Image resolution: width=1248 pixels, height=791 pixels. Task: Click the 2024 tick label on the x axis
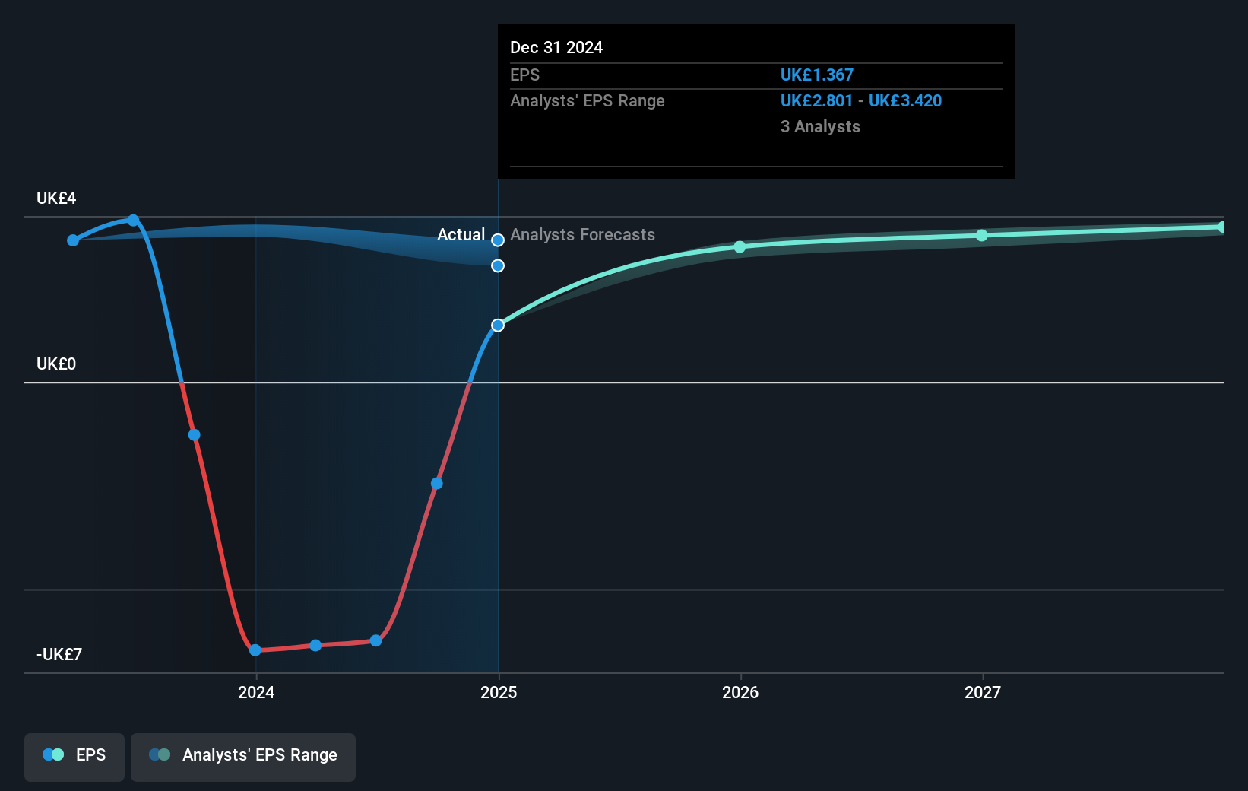pyautogui.click(x=256, y=692)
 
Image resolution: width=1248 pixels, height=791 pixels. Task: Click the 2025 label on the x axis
pyautogui.click(x=499, y=692)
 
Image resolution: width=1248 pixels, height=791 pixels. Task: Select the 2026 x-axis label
pyautogui.click(x=740, y=692)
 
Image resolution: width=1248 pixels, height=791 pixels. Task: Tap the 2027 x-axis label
pyautogui.click(x=983, y=692)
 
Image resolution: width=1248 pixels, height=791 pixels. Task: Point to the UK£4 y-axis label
pyautogui.click(x=56, y=199)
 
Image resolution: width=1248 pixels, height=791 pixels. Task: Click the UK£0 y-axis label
pyautogui.click(x=56, y=364)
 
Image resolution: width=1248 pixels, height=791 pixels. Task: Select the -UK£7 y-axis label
pyautogui.click(x=59, y=655)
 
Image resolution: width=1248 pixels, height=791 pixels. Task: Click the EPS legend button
pyautogui.click(x=74, y=755)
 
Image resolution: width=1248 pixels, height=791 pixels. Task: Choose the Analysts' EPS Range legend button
pyautogui.click(x=243, y=755)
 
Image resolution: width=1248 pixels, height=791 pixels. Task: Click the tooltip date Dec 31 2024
pyautogui.click(x=556, y=48)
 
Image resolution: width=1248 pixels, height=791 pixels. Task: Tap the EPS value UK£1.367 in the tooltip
pyautogui.click(x=816, y=75)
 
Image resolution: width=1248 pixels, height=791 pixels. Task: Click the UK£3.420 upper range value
pyautogui.click(x=904, y=101)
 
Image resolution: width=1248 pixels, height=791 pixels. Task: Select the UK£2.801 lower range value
pyautogui.click(x=816, y=101)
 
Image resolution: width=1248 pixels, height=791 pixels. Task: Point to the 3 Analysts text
pyautogui.click(x=820, y=127)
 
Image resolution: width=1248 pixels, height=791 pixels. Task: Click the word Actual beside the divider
pyautogui.click(x=461, y=235)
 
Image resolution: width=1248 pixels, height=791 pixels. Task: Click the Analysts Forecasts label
pyautogui.click(x=582, y=235)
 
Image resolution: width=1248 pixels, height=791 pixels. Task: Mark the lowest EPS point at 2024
pyautogui.click(x=255, y=650)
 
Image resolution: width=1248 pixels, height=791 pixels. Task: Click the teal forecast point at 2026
pyautogui.click(x=740, y=247)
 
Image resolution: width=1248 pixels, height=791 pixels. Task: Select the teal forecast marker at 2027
pyautogui.click(x=982, y=236)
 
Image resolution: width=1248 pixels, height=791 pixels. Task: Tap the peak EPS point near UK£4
pyautogui.click(x=133, y=221)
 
